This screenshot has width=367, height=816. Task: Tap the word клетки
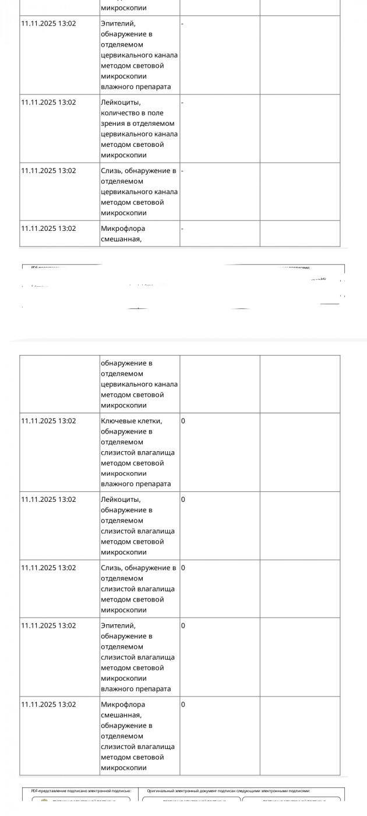point(150,421)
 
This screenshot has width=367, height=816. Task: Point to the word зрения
point(112,124)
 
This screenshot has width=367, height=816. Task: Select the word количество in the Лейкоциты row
point(119,113)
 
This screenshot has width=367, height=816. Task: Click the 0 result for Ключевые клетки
point(183,421)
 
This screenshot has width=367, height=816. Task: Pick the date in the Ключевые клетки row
point(48,421)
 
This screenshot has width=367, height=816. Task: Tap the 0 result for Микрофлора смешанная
point(183,705)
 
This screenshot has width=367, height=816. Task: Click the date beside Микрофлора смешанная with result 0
point(48,705)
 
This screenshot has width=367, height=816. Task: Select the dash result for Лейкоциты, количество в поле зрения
point(182,103)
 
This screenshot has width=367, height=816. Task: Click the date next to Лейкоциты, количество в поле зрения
point(48,103)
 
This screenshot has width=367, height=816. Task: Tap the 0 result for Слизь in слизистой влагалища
point(183,568)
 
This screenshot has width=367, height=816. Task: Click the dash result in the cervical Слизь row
point(182,171)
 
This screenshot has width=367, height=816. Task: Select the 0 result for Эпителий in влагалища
point(183,626)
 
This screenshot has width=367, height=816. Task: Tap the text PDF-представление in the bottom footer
point(50,791)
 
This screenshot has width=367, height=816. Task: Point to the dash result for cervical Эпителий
point(182,24)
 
